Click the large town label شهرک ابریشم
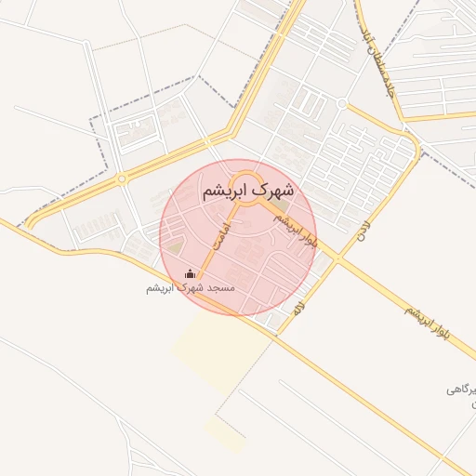247,191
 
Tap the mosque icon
191,273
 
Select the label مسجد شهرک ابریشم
191,288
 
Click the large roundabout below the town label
246,180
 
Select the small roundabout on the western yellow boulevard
121,178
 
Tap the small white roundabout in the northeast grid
342,103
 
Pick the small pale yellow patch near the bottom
226,433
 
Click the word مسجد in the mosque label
224,288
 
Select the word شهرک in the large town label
273,191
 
